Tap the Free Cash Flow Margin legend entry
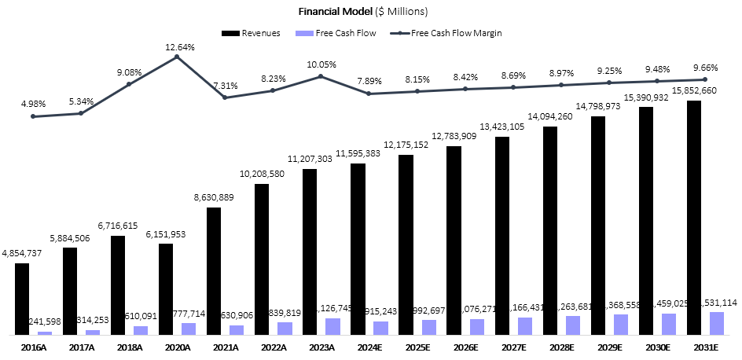pos(451,33)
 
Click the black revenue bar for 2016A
pos(22,299)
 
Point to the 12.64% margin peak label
pos(179,47)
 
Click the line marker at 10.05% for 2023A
pos(321,76)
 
